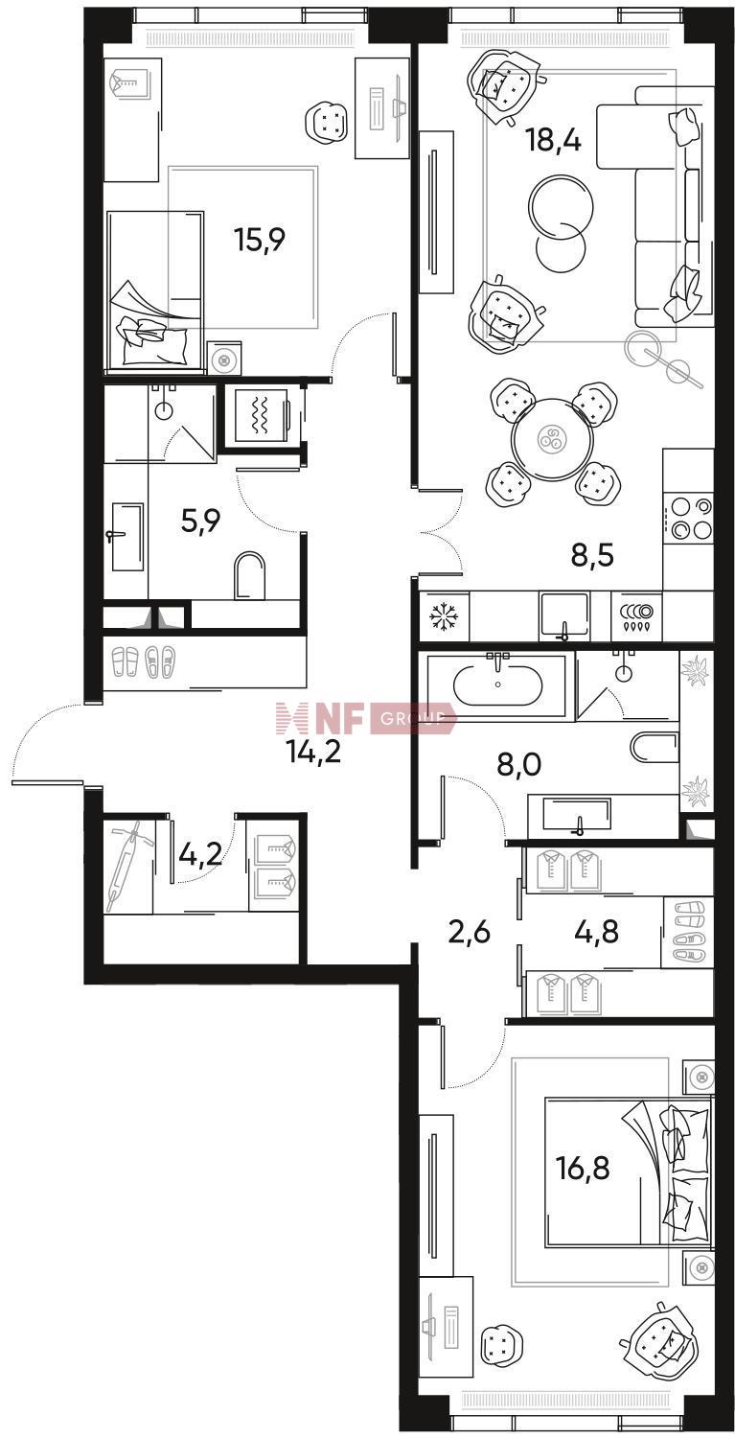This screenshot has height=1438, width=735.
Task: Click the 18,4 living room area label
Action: [x=554, y=139]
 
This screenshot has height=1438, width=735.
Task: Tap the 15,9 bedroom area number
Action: [x=260, y=240]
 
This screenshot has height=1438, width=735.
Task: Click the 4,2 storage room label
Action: [x=202, y=855]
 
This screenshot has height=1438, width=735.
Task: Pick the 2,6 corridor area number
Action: [x=470, y=930]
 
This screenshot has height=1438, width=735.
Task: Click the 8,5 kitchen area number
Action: [x=592, y=555]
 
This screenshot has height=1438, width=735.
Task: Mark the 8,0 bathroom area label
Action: [x=520, y=765]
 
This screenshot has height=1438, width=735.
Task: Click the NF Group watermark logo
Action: [x=366, y=718]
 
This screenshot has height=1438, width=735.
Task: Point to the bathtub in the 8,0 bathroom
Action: [x=498, y=686]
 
